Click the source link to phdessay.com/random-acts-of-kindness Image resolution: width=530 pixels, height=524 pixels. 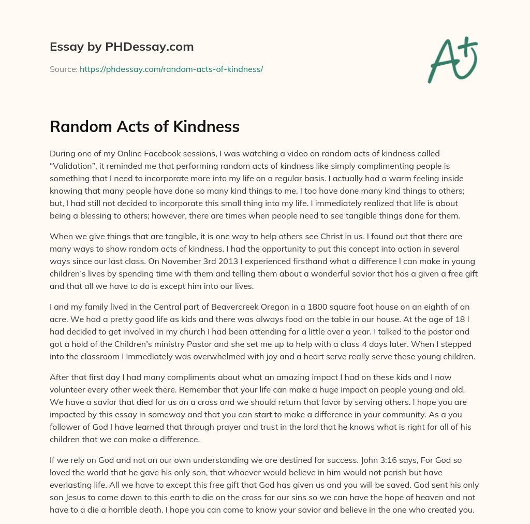coord(171,69)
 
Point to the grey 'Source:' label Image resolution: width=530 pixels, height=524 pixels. coord(63,69)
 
